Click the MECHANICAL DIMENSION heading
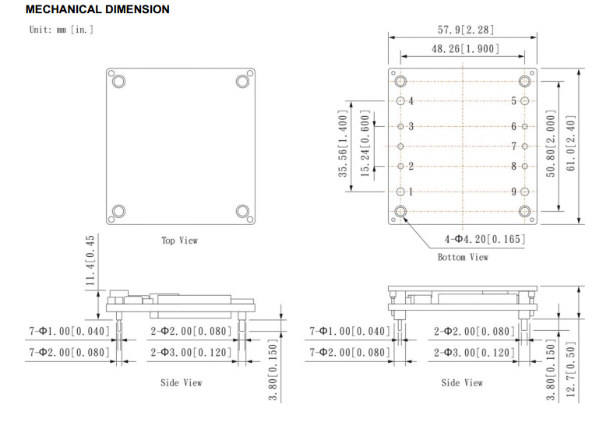coord(97,9)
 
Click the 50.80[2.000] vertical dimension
coord(552,145)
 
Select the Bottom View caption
coord(462,257)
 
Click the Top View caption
coord(179,241)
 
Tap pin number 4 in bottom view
coord(411,101)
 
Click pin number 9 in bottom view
coord(514,192)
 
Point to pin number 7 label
coord(514,146)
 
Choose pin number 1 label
coord(411,192)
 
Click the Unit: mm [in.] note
coord(62,30)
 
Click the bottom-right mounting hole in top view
coord(242,211)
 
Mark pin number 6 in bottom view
coord(514,126)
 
